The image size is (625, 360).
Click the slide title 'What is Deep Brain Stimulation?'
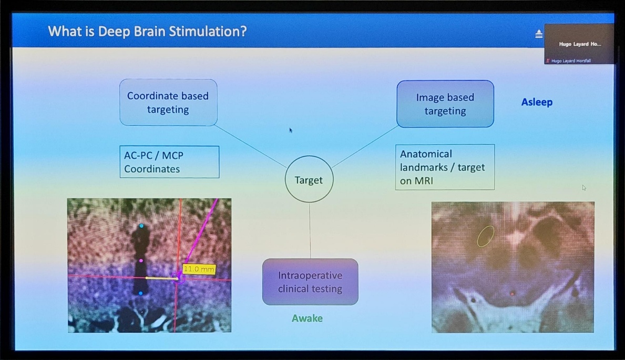click(x=147, y=31)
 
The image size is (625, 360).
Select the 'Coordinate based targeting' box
click(x=168, y=103)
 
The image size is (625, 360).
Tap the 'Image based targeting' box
click(x=445, y=104)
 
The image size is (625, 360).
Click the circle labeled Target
click(x=309, y=179)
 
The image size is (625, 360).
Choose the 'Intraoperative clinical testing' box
click(x=310, y=282)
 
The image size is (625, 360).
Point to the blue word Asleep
click(x=537, y=102)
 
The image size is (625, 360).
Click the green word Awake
click(x=307, y=318)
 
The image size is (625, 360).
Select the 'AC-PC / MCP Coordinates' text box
click(x=169, y=162)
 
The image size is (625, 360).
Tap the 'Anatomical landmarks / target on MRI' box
click(x=445, y=167)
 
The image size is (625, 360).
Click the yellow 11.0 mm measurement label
click(x=199, y=269)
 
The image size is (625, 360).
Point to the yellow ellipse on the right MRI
click(x=485, y=236)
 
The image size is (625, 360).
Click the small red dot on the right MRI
click(x=513, y=294)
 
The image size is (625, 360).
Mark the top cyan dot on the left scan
click(x=141, y=226)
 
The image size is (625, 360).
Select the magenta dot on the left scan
click(x=141, y=261)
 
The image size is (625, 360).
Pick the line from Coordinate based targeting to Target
click(x=251, y=146)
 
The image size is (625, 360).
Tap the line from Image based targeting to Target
click(x=365, y=147)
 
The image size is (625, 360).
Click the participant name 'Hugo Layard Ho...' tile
click(x=579, y=44)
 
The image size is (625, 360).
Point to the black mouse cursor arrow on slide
click(x=290, y=130)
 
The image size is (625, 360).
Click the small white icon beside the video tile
click(x=538, y=34)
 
